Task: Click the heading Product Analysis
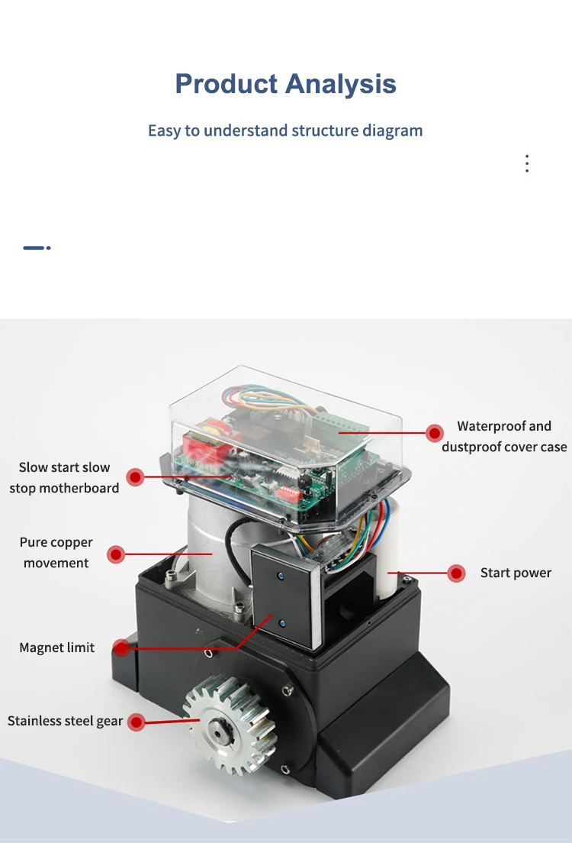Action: pos(285,83)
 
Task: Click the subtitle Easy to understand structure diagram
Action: pos(285,131)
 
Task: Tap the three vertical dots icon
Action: pos(527,163)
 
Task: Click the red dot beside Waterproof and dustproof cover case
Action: pos(434,433)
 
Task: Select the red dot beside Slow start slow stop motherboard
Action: pos(135,477)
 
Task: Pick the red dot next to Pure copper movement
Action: pos(116,554)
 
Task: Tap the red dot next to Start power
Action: pos(456,573)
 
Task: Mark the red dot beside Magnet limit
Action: pos(121,648)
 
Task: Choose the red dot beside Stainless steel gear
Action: pos(137,722)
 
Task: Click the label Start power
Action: pos(516,573)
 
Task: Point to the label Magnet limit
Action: pos(57,648)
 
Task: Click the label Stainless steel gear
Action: pos(65,721)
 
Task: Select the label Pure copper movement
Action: pos(56,553)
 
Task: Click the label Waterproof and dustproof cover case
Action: pos(504,436)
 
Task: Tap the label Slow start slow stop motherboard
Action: pos(64,477)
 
